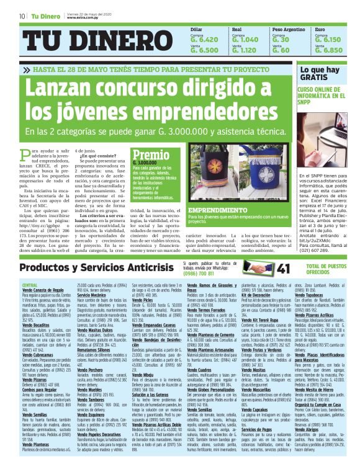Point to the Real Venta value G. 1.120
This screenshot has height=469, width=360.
tap(244, 51)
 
